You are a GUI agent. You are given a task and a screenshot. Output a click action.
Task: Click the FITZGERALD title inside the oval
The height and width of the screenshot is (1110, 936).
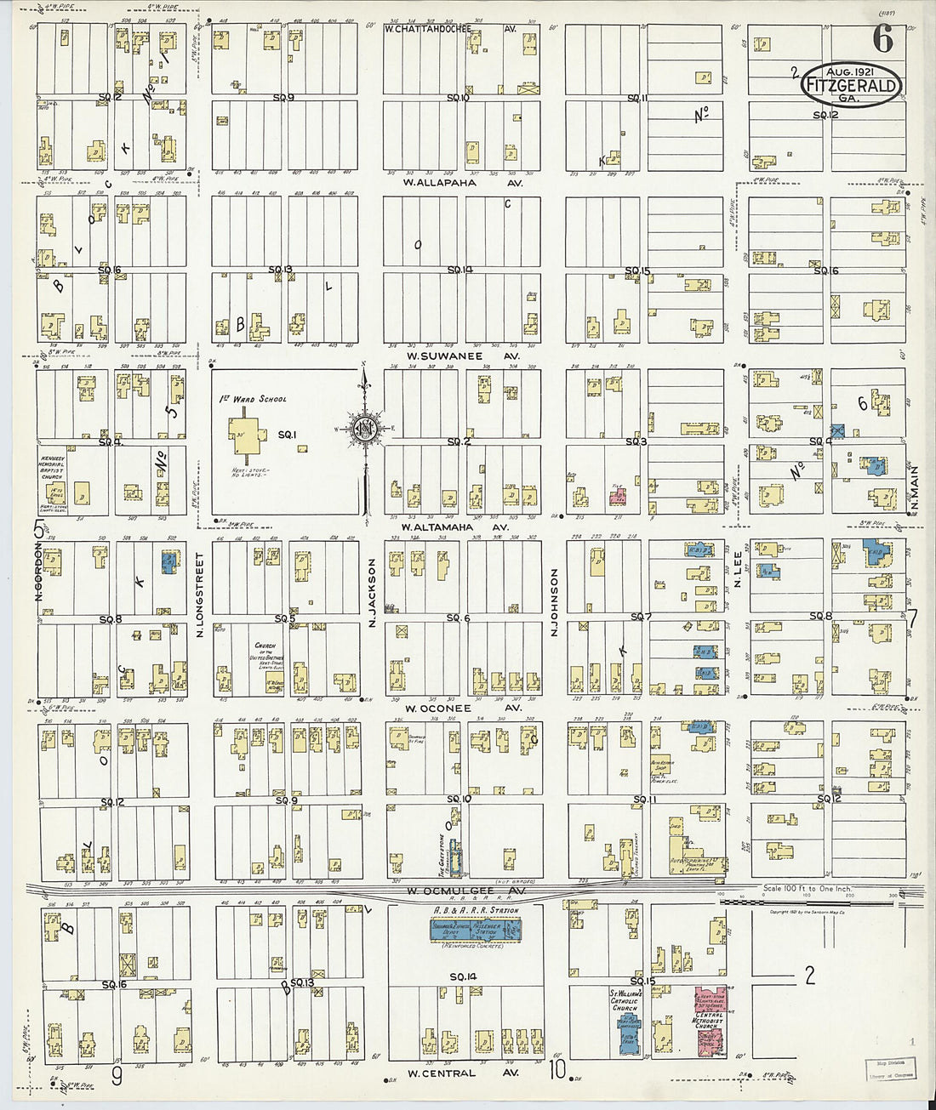[849, 86]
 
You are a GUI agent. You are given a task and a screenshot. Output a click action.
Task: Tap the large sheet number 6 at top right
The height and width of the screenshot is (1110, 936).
[882, 39]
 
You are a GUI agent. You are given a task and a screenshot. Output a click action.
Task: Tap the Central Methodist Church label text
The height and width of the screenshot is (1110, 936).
[709, 1018]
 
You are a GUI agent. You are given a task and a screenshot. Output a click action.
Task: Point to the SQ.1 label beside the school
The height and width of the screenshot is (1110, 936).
[287, 435]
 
